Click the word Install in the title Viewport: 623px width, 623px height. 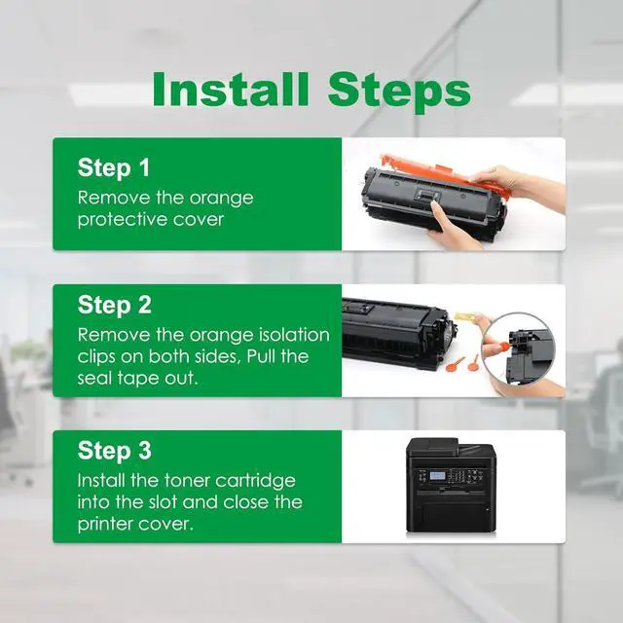click(231, 89)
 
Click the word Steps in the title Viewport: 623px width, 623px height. click(400, 92)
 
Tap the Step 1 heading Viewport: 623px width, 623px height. click(114, 167)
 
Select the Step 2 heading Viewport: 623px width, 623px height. click(115, 305)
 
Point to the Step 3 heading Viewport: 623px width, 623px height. click(115, 451)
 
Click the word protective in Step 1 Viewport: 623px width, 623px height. click(123, 219)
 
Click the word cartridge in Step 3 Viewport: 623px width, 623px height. click(249, 481)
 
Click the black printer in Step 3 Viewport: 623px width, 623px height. click(451, 485)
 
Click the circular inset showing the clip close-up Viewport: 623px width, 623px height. click(517, 350)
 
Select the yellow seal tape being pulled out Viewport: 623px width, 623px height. click(465, 317)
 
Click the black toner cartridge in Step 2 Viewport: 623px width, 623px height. click(397, 333)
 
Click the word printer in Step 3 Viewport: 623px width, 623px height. click(104, 525)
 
